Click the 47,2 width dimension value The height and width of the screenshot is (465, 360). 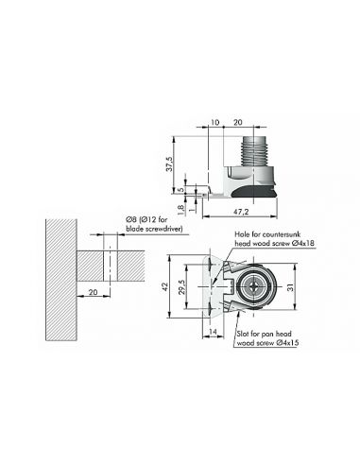241,212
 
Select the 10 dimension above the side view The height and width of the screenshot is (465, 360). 214,122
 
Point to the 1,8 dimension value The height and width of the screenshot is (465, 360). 180,211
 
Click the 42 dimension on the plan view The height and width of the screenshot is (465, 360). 165,286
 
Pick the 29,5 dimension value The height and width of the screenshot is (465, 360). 181,286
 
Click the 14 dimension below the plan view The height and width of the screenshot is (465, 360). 213,332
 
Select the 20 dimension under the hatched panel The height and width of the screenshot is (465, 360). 93,292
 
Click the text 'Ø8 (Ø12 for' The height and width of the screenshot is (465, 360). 146,219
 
